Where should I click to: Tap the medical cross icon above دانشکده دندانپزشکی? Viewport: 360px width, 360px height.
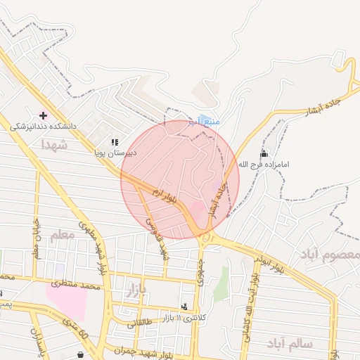43,115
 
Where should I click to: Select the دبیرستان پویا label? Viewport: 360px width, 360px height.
116,152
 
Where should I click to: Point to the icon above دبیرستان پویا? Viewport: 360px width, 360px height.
115,142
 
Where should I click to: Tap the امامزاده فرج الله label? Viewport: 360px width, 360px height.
264,165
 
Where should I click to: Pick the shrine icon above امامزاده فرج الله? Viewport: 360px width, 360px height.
264,153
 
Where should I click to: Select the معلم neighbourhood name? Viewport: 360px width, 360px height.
62,236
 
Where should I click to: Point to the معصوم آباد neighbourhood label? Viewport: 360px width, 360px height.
330,254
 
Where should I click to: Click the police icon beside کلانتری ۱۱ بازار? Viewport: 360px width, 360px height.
184,307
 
